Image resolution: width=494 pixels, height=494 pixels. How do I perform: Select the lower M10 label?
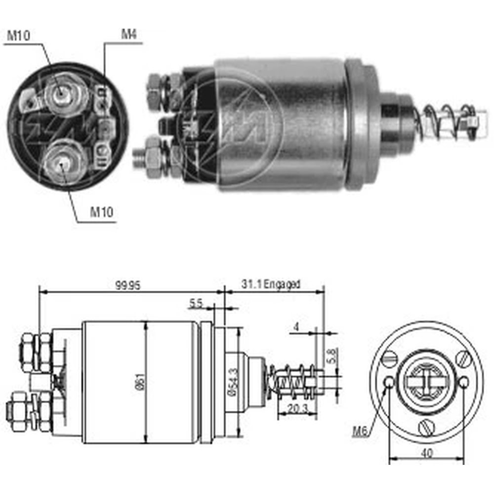coord(101,212)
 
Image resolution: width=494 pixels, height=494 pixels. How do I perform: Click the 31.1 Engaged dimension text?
coord(271,284)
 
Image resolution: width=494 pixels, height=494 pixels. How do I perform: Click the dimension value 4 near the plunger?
coord(296,327)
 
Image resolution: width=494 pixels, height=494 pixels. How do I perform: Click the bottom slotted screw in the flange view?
coord(427,427)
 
